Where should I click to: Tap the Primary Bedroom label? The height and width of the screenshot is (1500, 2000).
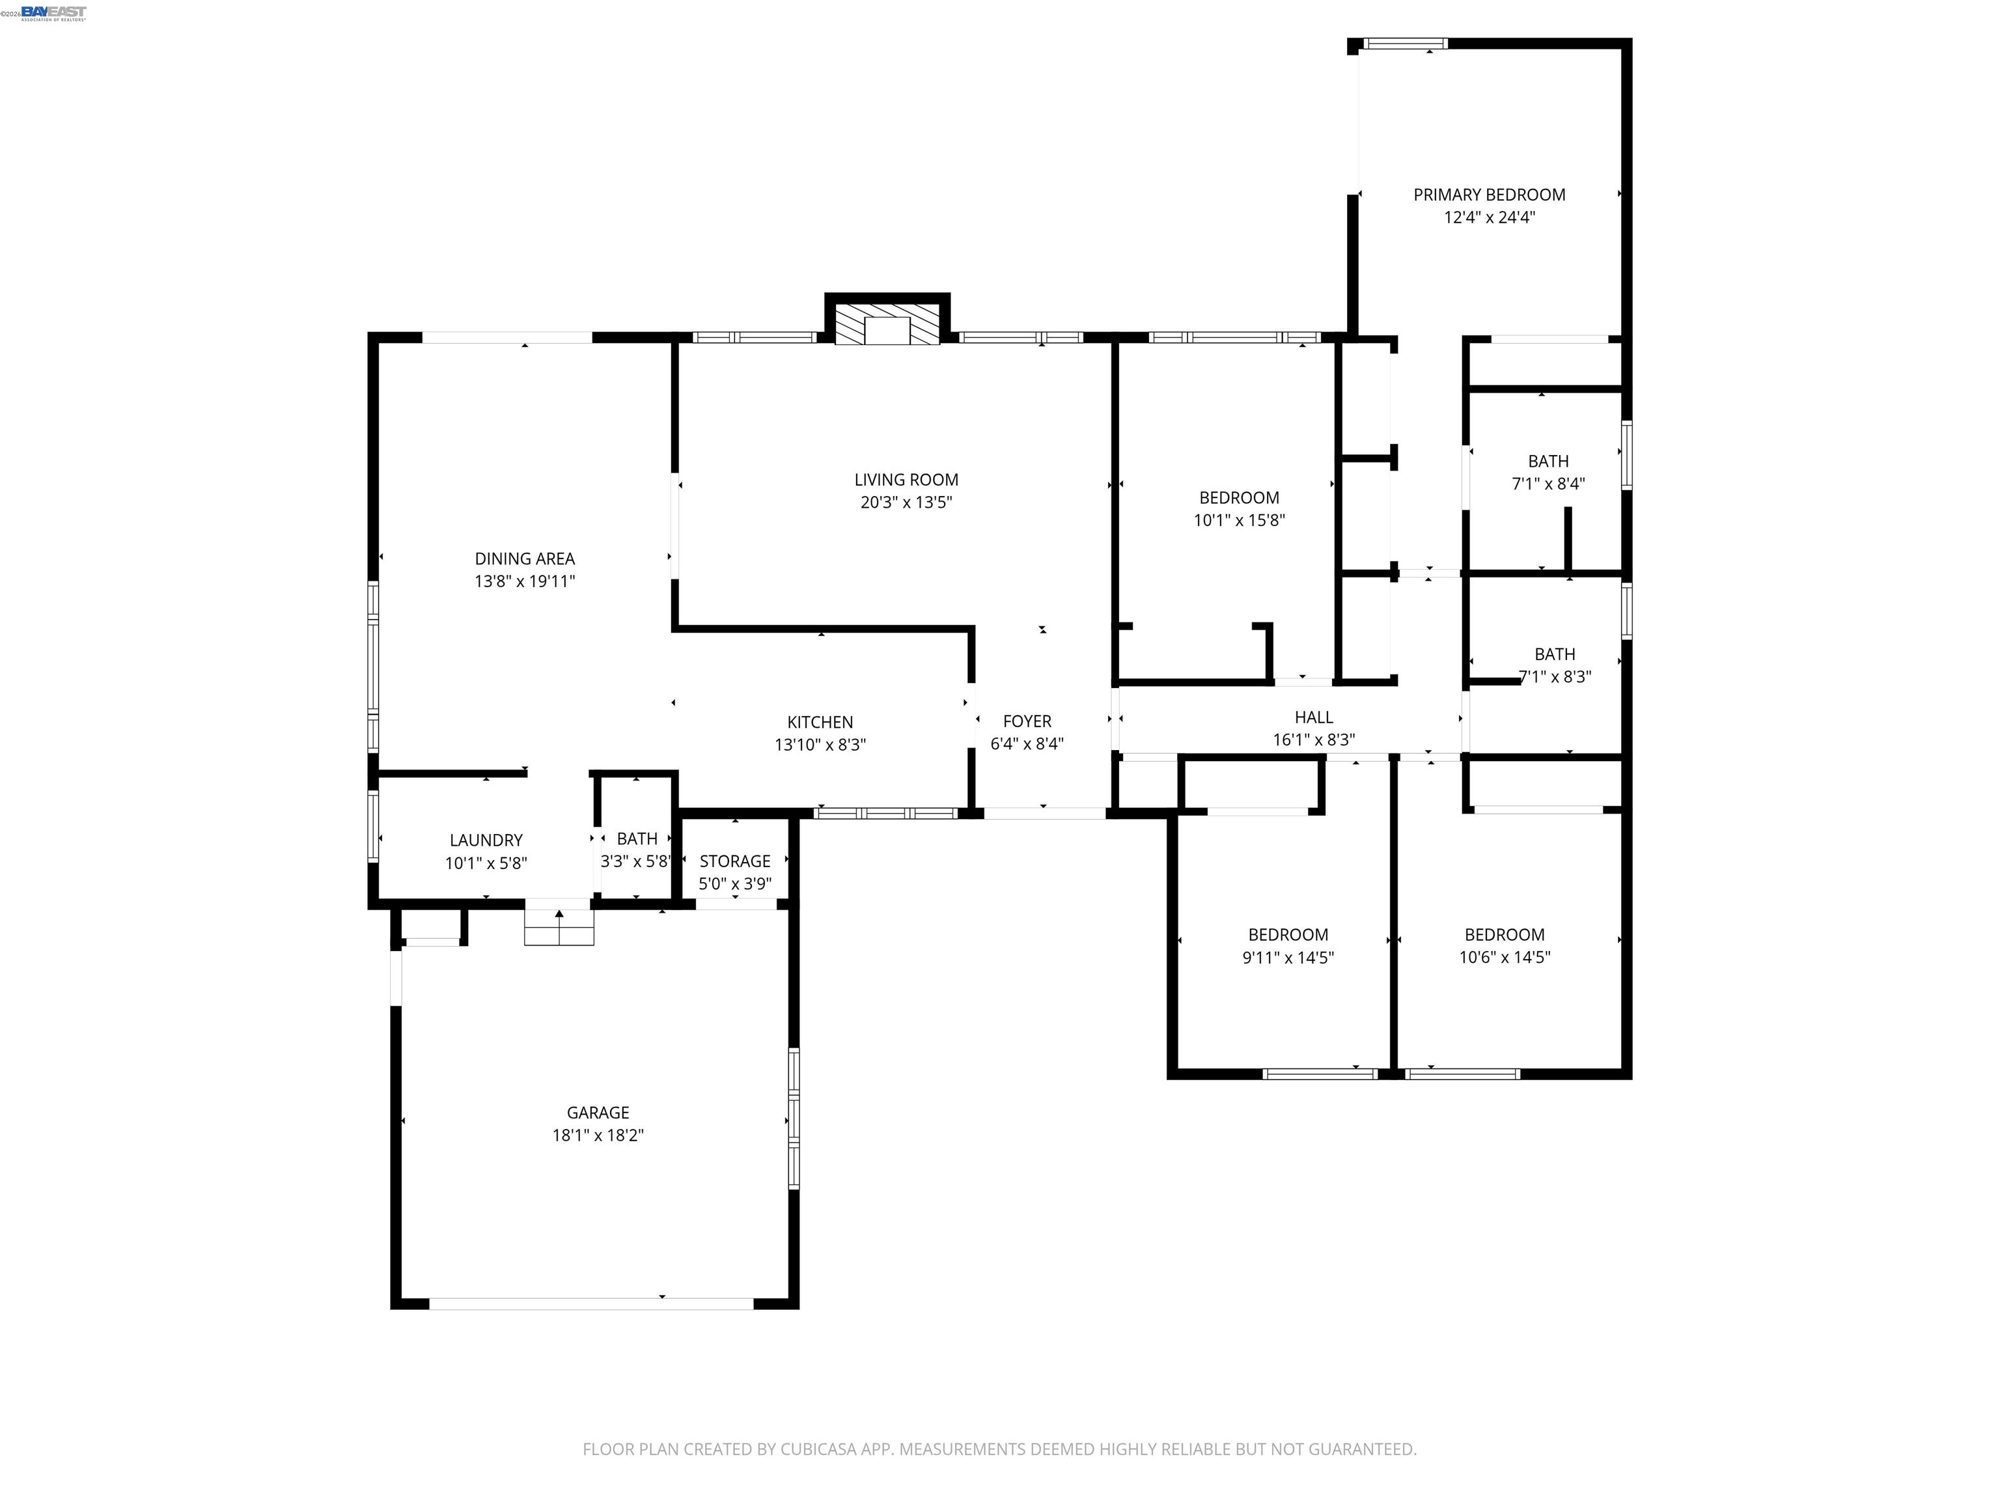[1488, 195]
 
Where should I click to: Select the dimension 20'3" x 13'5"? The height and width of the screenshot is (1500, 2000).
[906, 503]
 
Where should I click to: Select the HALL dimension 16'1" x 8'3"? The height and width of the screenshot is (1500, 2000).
[1313, 740]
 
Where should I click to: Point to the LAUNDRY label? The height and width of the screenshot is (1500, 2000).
[486, 840]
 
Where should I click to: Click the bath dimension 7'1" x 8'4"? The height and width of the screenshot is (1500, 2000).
[1548, 484]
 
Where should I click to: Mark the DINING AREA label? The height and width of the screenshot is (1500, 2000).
[524, 559]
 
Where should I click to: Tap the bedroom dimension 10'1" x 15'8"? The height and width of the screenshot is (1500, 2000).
[1239, 520]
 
